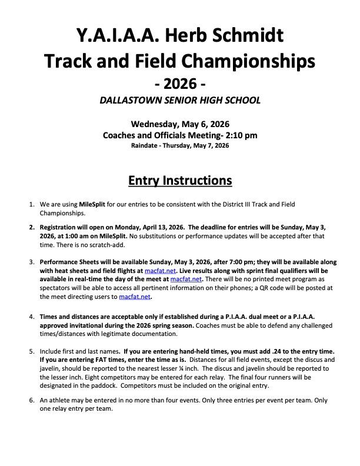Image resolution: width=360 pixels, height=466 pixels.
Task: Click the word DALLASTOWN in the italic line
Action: pyautogui.click(x=139, y=100)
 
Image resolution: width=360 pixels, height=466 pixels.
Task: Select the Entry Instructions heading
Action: pyautogui.click(x=179, y=179)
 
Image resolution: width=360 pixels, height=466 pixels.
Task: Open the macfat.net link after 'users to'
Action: pyautogui.click(x=135, y=297)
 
